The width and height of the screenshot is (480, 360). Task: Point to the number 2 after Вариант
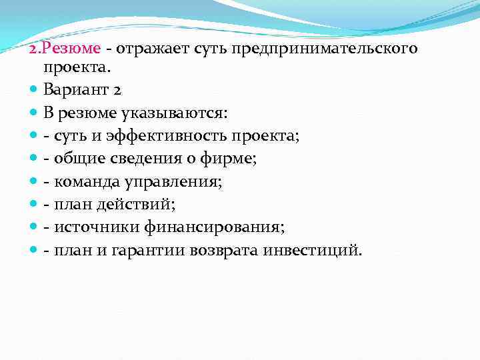tap(117, 89)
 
